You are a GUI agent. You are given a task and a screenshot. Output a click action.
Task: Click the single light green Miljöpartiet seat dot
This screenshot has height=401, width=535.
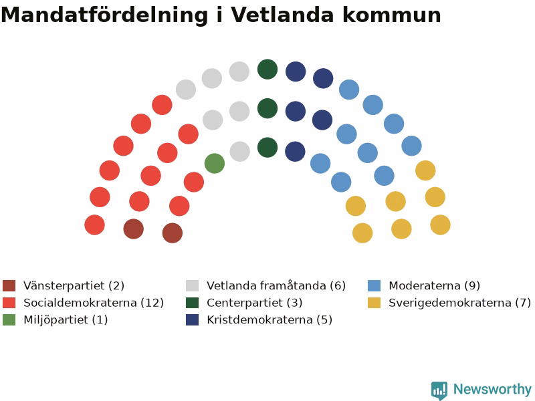pyautogui.click(x=215, y=163)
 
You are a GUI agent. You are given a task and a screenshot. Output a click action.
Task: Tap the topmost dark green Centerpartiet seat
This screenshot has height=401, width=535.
pyautogui.click(x=267, y=70)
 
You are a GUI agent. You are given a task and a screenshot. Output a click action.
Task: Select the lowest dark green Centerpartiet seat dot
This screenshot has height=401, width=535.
pyautogui.click(x=267, y=148)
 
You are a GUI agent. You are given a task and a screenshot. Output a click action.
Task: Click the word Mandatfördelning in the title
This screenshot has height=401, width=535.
pyautogui.click(x=104, y=15)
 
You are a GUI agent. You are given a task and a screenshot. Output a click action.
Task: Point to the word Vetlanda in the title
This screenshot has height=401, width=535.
pyautogui.click(x=282, y=15)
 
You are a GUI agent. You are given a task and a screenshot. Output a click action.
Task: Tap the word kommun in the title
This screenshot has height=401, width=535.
pyautogui.click(x=392, y=15)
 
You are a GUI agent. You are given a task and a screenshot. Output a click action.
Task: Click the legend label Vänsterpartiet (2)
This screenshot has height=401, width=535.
pyautogui.click(x=74, y=285)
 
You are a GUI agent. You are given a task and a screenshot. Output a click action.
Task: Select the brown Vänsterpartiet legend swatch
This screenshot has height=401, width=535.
pyautogui.click(x=9, y=286)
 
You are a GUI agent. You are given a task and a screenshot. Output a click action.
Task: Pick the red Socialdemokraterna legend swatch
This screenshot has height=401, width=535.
pyautogui.click(x=9, y=303)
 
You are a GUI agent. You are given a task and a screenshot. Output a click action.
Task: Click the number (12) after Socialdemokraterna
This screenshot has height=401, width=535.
pyautogui.click(x=152, y=303)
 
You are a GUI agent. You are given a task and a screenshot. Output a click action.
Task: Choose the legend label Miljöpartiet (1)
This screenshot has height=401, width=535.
pyautogui.click(x=66, y=320)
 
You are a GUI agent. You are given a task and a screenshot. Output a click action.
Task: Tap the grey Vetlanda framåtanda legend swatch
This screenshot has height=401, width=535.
pyautogui.click(x=192, y=286)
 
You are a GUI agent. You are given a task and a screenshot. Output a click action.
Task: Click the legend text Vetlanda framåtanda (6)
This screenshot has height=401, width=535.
pyautogui.click(x=276, y=285)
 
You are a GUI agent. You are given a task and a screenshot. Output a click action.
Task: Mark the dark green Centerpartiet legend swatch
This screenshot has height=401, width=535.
pyautogui.click(x=192, y=303)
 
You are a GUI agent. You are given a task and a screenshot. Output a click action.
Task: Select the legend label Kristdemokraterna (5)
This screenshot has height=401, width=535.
pyautogui.click(x=270, y=320)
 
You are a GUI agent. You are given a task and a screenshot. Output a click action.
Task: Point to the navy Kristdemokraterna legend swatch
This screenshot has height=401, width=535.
pyautogui.click(x=192, y=320)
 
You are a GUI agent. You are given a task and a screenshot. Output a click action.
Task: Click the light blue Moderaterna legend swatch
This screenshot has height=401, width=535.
pyautogui.click(x=374, y=286)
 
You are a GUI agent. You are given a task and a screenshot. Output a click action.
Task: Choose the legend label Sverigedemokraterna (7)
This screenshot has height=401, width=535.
pyautogui.click(x=459, y=303)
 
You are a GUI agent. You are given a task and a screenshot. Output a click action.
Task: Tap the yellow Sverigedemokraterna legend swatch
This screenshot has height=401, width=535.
pyautogui.click(x=374, y=303)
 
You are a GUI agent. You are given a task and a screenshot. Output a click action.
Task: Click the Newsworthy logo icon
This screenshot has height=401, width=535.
pyautogui.click(x=439, y=390)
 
